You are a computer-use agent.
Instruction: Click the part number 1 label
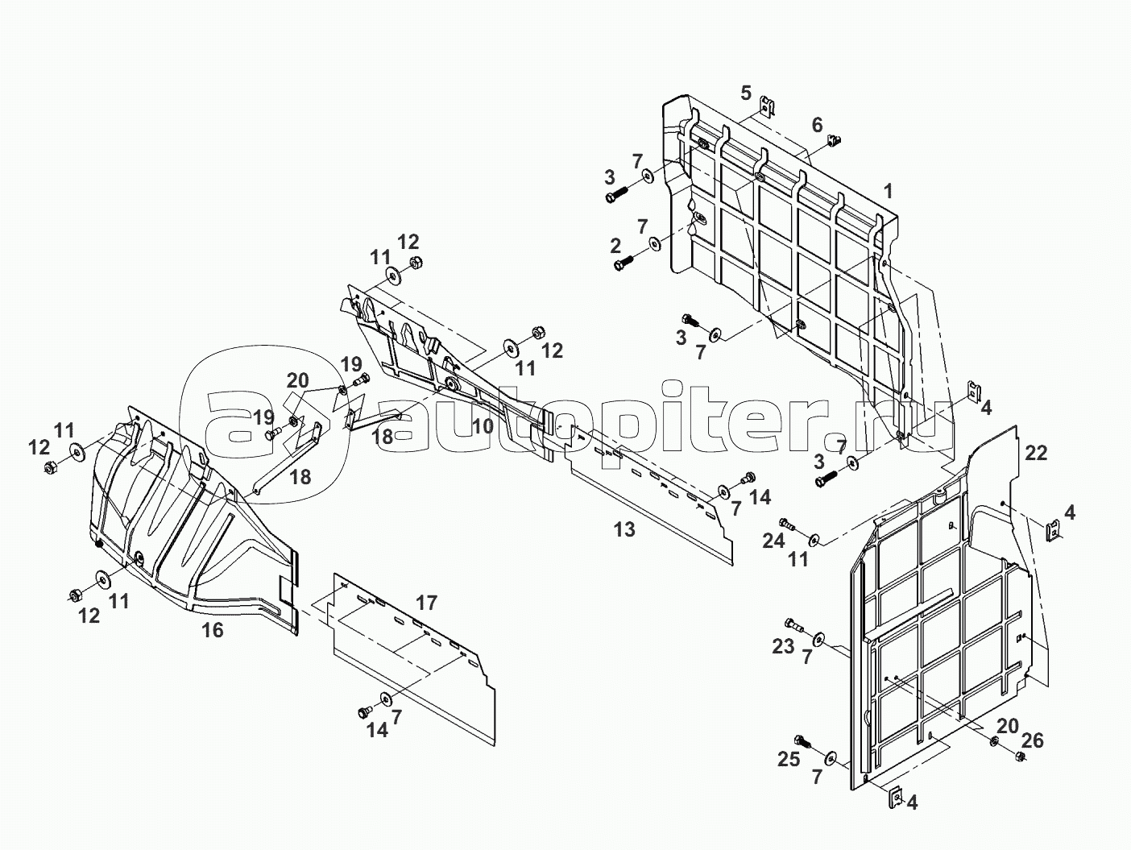[888, 192]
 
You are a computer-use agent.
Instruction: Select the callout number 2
[615, 245]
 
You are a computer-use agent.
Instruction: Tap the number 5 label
[745, 92]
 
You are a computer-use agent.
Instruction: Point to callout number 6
[817, 125]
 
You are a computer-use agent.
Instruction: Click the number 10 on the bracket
[483, 426]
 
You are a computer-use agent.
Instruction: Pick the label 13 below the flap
[624, 529]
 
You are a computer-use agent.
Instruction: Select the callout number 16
[212, 630]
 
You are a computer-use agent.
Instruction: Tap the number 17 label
[426, 602]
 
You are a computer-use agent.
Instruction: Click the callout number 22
[1036, 453]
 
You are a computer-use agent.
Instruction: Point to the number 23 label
[783, 645]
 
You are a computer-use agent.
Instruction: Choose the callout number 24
[773, 541]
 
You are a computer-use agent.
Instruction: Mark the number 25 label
[788, 758]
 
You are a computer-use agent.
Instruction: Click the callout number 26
[1033, 740]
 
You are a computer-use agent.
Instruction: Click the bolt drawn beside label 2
[625, 262]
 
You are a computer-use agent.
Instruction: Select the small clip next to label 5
[768, 106]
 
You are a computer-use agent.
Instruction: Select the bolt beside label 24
[789, 525]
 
